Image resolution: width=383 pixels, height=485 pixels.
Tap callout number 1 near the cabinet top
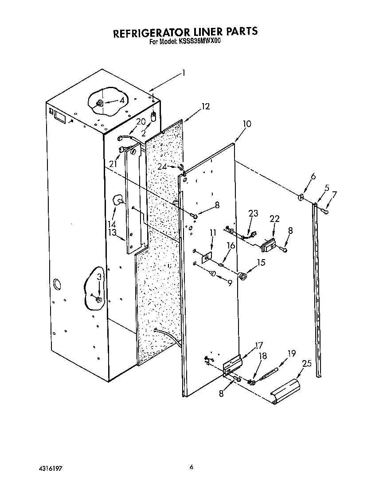click(184, 74)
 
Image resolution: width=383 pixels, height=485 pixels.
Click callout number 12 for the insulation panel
click(205, 106)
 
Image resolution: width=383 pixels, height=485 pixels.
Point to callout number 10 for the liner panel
click(247, 124)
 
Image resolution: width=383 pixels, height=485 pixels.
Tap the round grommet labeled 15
click(242, 276)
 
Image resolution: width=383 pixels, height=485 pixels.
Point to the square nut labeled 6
click(301, 196)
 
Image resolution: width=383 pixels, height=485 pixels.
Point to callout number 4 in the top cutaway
click(121, 101)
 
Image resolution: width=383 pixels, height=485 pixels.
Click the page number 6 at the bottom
click(191, 466)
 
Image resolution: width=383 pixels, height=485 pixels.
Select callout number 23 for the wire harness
click(253, 213)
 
